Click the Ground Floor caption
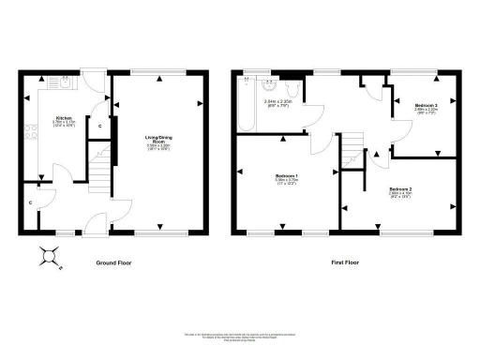click(x=114, y=263)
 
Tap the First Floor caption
click(x=345, y=263)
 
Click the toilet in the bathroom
click(x=294, y=90)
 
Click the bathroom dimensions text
click(x=277, y=104)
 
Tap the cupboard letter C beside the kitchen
click(x=100, y=126)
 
